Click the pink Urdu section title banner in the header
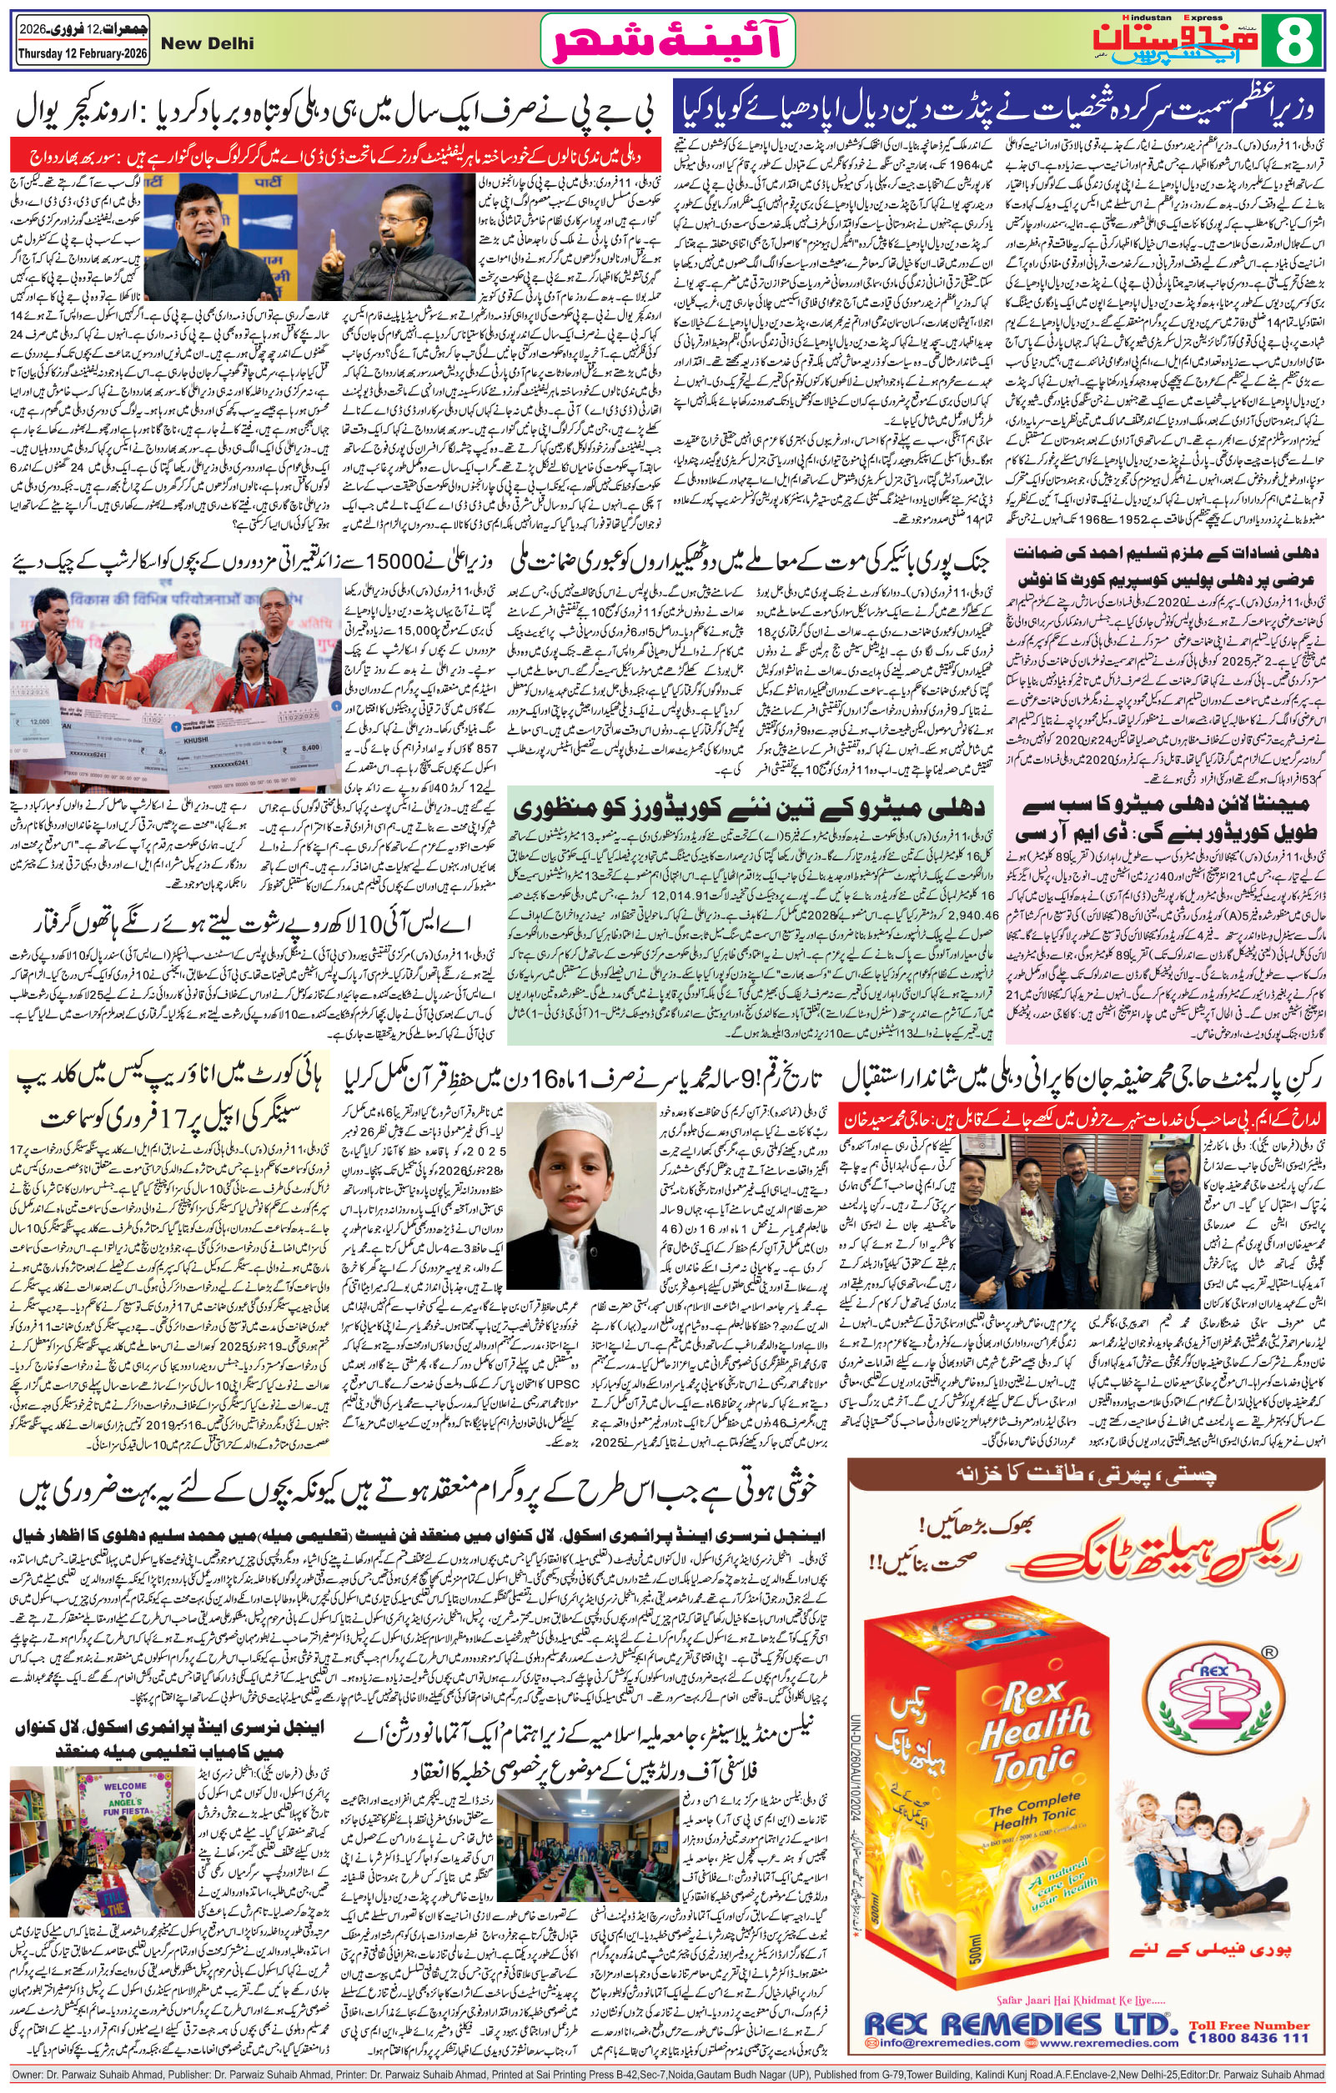(671, 42)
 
